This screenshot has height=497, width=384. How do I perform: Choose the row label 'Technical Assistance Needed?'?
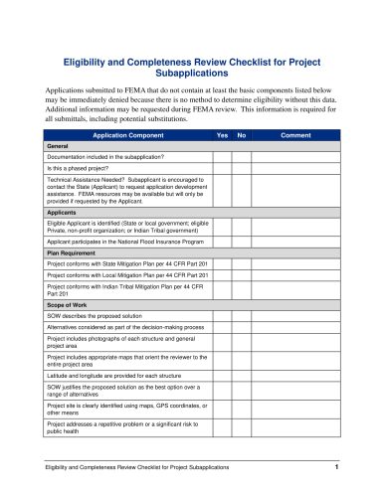(90, 182)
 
